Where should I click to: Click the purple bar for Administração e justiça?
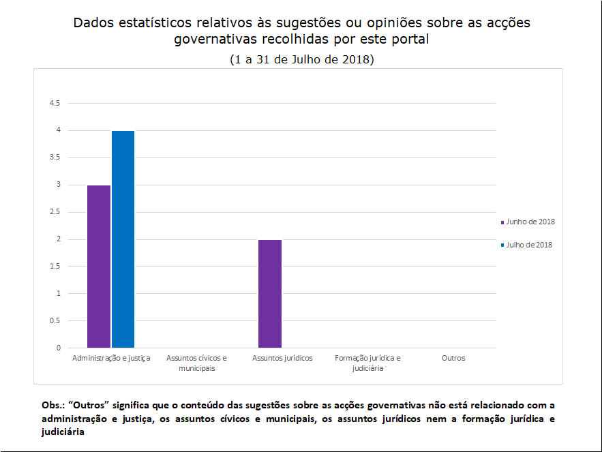tap(99, 267)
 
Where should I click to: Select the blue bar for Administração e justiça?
tap(123, 239)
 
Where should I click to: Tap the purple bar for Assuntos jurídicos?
tap(270, 294)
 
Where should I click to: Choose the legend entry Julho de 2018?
tap(528, 245)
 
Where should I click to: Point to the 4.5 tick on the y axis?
tap(55, 103)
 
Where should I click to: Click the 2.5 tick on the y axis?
tap(55, 212)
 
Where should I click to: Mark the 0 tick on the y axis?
tap(58, 348)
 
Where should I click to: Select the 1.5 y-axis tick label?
tap(55, 267)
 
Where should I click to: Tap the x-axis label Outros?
tap(453, 358)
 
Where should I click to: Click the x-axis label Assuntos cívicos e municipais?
tap(197, 363)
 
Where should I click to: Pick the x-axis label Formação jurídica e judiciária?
tap(368, 363)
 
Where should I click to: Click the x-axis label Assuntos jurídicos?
tap(282, 358)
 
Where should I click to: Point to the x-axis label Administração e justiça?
tap(111, 358)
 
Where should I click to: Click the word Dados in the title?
tap(94, 23)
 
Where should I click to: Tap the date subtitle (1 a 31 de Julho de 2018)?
tap(302, 59)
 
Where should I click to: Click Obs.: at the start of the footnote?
tap(53, 405)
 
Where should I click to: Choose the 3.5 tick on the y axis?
tap(55, 157)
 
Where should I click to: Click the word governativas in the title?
tap(216, 40)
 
